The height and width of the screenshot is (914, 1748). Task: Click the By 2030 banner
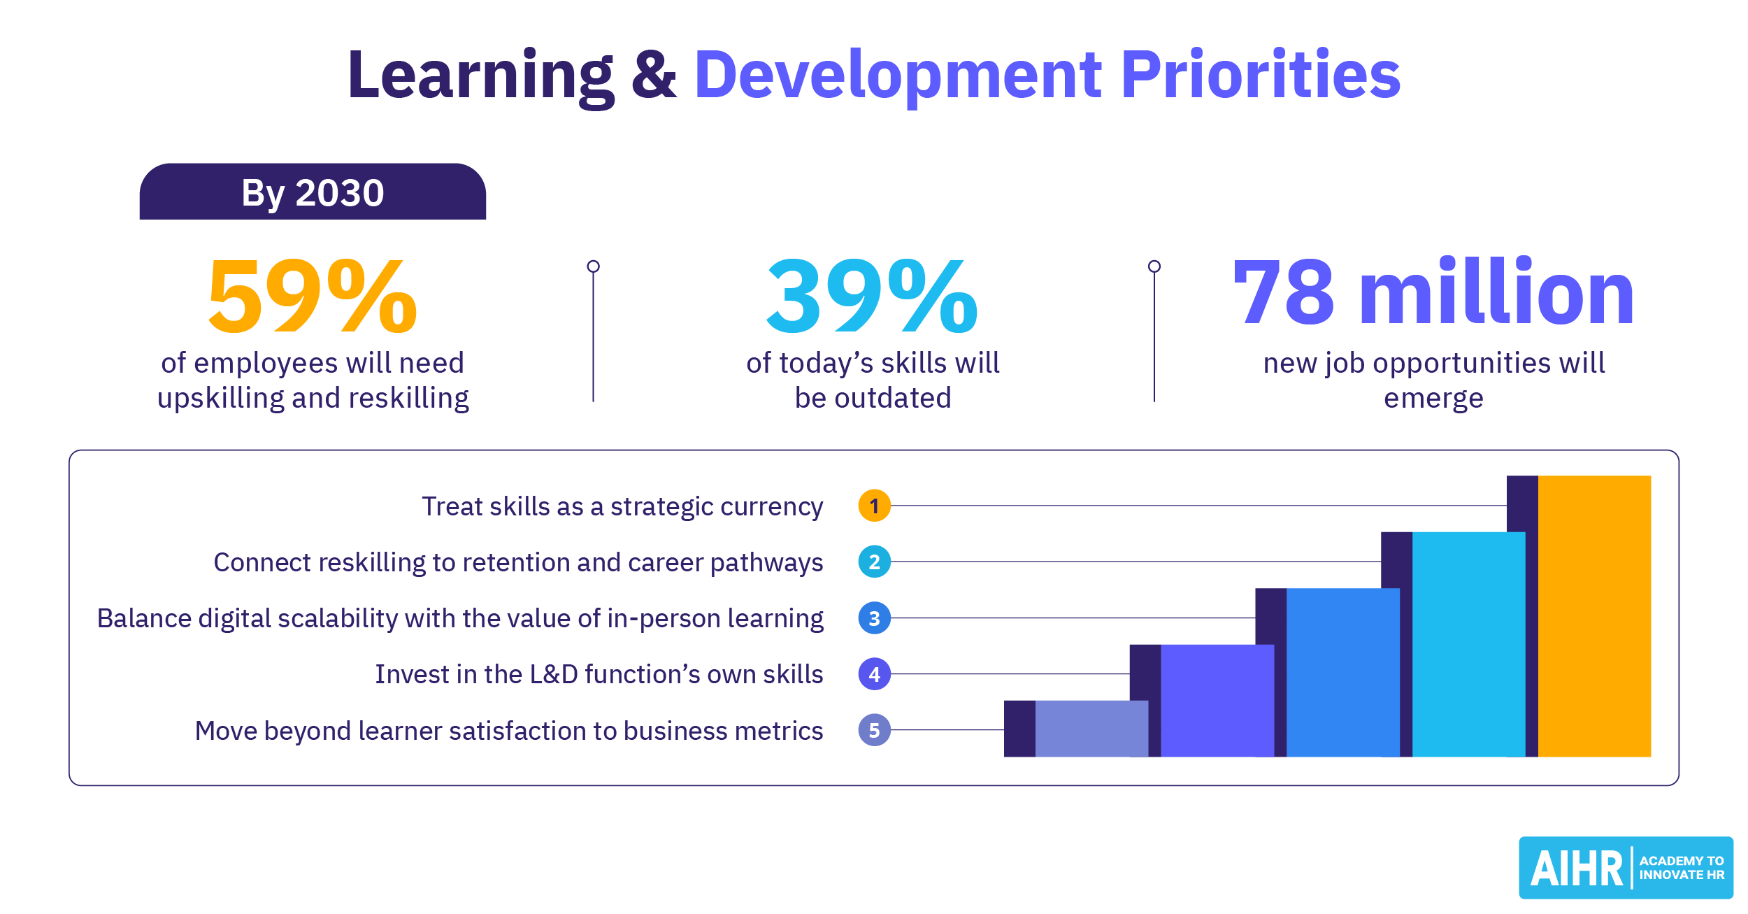point(313,192)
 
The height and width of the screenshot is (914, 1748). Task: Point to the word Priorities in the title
point(1261,74)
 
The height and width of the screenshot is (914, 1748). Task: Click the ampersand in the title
point(654,76)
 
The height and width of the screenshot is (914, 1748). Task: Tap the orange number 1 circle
point(874,506)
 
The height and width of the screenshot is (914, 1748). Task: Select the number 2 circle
point(874,562)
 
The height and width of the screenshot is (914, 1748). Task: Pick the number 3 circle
point(874,618)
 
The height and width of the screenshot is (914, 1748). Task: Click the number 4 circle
point(874,674)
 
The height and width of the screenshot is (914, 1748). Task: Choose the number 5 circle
point(874,730)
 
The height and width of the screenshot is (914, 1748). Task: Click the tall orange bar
point(1594,615)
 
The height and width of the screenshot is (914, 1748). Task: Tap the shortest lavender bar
point(1091,729)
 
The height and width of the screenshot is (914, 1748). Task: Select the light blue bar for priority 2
point(1468,643)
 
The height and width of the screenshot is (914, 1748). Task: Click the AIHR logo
point(1626,868)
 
